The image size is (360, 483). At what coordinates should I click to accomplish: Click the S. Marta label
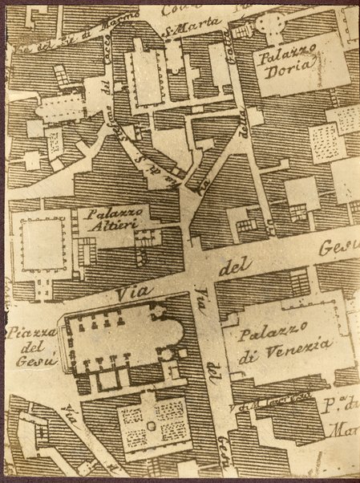point(181,31)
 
